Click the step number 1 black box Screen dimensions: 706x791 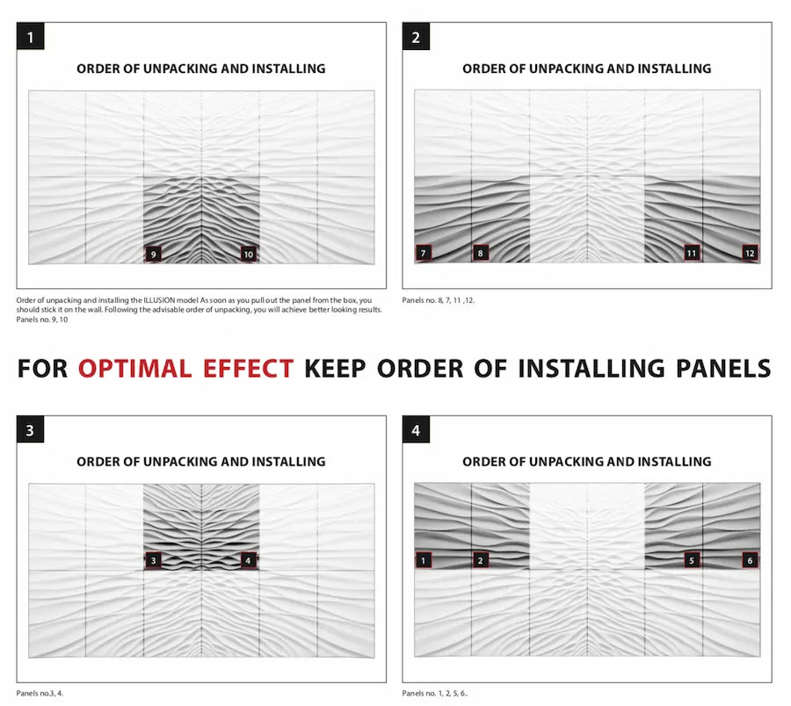pyautogui.click(x=31, y=37)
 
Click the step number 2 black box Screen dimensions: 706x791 pyautogui.click(x=417, y=37)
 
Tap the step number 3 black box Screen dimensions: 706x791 pyautogui.click(x=31, y=430)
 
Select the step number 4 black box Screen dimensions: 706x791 pyautogui.click(x=417, y=430)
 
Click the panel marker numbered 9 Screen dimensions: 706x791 pyautogui.click(x=153, y=254)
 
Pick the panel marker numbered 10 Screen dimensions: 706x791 pyautogui.click(x=249, y=254)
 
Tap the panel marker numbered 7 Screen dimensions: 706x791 pyautogui.click(x=424, y=253)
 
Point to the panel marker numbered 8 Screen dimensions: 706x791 pyautogui.click(x=480, y=253)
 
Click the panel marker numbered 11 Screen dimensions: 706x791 pyautogui.click(x=693, y=253)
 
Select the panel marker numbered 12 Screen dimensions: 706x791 pyautogui.click(x=749, y=253)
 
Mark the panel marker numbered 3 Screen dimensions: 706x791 pyautogui.click(x=153, y=559)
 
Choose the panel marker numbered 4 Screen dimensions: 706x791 pyautogui.click(x=249, y=559)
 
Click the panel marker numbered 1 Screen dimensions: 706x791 pyautogui.click(x=424, y=559)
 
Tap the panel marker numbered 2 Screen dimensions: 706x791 pyautogui.click(x=480, y=559)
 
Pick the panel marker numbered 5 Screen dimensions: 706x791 pyautogui.click(x=693, y=559)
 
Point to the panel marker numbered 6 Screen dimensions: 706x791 pyautogui.click(x=749, y=559)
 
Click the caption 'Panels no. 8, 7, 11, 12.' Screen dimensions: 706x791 pyautogui.click(x=451, y=300)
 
